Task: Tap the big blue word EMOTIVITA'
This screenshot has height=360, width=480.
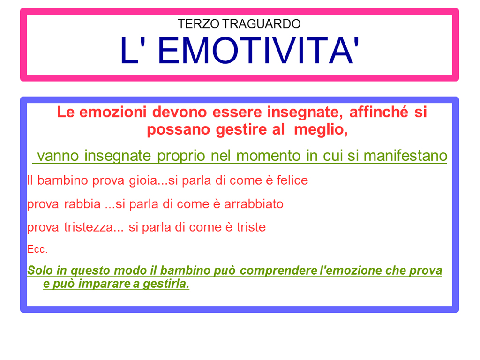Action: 258,50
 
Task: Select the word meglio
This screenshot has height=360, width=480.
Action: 321,129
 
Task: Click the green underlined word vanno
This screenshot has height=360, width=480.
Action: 58,156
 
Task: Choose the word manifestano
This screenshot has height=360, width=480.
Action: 405,156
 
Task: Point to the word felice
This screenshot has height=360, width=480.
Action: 292,180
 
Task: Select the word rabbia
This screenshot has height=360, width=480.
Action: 82,204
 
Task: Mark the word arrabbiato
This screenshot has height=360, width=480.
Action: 254,204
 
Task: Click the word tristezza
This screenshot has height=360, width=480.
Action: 89,227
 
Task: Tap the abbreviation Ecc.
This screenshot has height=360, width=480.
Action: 37,249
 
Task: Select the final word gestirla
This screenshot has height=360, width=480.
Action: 166,284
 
